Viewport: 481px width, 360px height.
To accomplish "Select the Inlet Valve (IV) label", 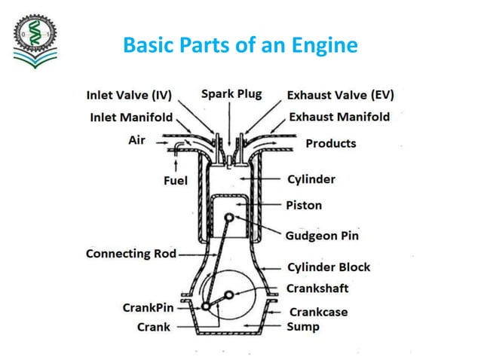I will coord(129,96).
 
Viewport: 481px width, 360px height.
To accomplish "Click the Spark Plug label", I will coord(231,94).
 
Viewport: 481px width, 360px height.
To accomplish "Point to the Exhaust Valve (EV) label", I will coord(340,96).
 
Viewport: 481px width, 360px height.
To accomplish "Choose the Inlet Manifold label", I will coord(131,117).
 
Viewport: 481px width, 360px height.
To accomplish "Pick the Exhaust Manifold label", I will coord(339,117).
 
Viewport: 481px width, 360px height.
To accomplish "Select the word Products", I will coord(330,143).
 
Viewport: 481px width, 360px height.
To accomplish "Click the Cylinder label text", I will coord(311,180).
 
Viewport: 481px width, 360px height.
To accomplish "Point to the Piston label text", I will coord(304,205).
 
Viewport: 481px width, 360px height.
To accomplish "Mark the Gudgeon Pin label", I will coord(322,236).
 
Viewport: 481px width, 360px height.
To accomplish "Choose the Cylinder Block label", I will coord(328,267).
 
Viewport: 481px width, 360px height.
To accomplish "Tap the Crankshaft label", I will coord(317,288).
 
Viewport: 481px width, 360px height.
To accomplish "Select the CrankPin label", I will coord(152,307).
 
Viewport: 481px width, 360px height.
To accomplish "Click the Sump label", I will coord(302,327).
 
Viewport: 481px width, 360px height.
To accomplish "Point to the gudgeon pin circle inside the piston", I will coord(228,217).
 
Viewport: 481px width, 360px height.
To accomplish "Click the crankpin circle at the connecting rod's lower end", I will coord(206,306).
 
